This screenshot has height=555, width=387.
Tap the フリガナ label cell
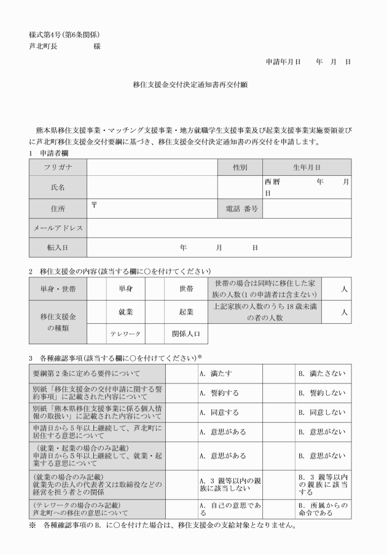click(x=58, y=167)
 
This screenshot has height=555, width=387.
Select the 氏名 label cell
click(x=58, y=187)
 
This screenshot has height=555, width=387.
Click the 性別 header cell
click(x=240, y=167)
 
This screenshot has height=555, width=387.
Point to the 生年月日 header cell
click(x=307, y=167)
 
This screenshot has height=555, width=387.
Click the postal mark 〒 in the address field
click(x=94, y=204)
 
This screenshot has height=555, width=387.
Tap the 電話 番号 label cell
click(x=240, y=209)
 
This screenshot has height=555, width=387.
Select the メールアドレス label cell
click(x=58, y=228)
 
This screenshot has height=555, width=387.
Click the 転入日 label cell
click(x=58, y=247)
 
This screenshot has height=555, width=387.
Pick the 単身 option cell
click(x=125, y=288)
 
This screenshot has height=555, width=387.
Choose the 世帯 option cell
click(x=186, y=288)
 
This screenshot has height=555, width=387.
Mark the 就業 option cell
click(x=125, y=312)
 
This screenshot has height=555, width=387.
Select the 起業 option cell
click(x=186, y=312)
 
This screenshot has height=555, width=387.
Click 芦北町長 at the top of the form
click(x=43, y=46)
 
